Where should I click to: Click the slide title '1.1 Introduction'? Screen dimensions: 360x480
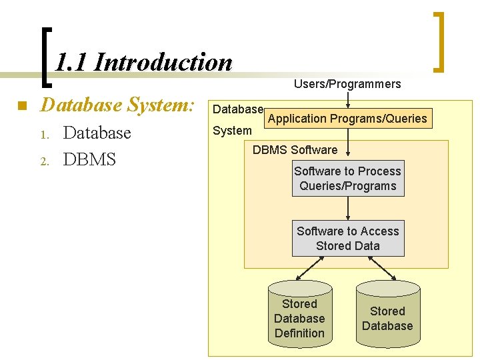click(x=143, y=63)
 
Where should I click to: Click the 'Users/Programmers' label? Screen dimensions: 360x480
click(x=347, y=84)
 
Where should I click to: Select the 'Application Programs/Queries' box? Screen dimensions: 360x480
click(x=347, y=119)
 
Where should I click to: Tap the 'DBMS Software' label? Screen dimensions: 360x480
click(x=295, y=150)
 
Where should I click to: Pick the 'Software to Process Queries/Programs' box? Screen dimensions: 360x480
click(x=347, y=179)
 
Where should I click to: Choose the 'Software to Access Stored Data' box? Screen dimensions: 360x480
click(x=347, y=239)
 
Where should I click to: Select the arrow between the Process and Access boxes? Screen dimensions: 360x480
click(x=347, y=209)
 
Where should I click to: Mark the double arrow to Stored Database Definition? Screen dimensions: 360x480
click(x=311, y=269)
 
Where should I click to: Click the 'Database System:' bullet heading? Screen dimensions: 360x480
click(x=117, y=105)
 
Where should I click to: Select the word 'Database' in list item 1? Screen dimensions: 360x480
click(x=97, y=133)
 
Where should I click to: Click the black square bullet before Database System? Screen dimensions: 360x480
click(x=21, y=106)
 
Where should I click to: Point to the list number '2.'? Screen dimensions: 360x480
click(x=44, y=161)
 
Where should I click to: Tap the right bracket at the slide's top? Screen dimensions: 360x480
click(x=439, y=41)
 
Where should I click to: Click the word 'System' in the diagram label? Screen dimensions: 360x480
click(x=232, y=131)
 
